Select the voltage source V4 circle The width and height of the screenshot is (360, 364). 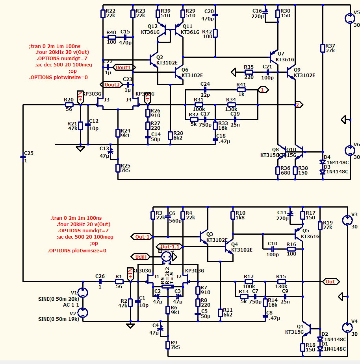click(x=347, y=328)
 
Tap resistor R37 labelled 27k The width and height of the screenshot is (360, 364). click(x=323, y=48)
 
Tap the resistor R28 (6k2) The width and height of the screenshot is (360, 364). click(x=170, y=135)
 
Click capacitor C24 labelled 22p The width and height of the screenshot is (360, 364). click(x=205, y=90)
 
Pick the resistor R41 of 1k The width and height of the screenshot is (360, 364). click(x=241, y=90)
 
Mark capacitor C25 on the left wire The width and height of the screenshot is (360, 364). click(x=23, y=157)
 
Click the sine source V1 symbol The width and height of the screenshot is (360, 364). click(x=83, y=293)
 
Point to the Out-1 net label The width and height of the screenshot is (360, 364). click(x=142, y=237)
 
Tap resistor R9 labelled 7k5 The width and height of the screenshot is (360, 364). click(x=167, y=345)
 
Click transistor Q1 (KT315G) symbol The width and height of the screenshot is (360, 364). click(x=307, y=328)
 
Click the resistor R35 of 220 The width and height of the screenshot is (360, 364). click(x=249, y=72)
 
